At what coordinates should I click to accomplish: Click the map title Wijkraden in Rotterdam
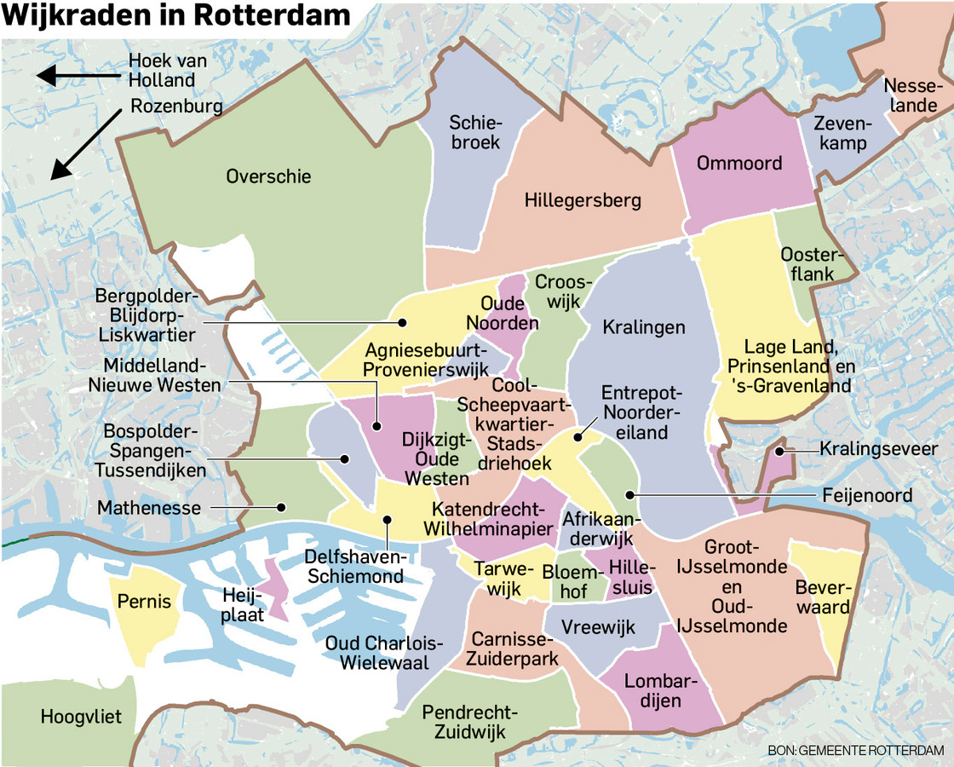(x=176, y=15)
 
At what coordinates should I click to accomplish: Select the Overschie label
(x=268, y=176)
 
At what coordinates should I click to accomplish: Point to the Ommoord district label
(x=738, y=162)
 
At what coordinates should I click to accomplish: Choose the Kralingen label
(x=643, y=327)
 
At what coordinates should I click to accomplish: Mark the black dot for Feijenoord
(x=629, y=494)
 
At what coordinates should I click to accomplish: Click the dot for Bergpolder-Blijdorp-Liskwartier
(x=403, y=323)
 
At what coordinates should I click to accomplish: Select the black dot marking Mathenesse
(x=282, y=507)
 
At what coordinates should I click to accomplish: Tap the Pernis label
(x=145, y=602)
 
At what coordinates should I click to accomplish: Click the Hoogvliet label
(x=81, y=717)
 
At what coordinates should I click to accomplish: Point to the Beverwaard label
(x=822, y=597)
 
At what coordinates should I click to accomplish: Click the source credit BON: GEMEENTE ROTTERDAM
(x=855, y=750)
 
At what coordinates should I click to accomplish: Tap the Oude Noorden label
(x=509, y=313)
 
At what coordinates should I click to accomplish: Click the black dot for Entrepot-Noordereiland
(x=578, y=437)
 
